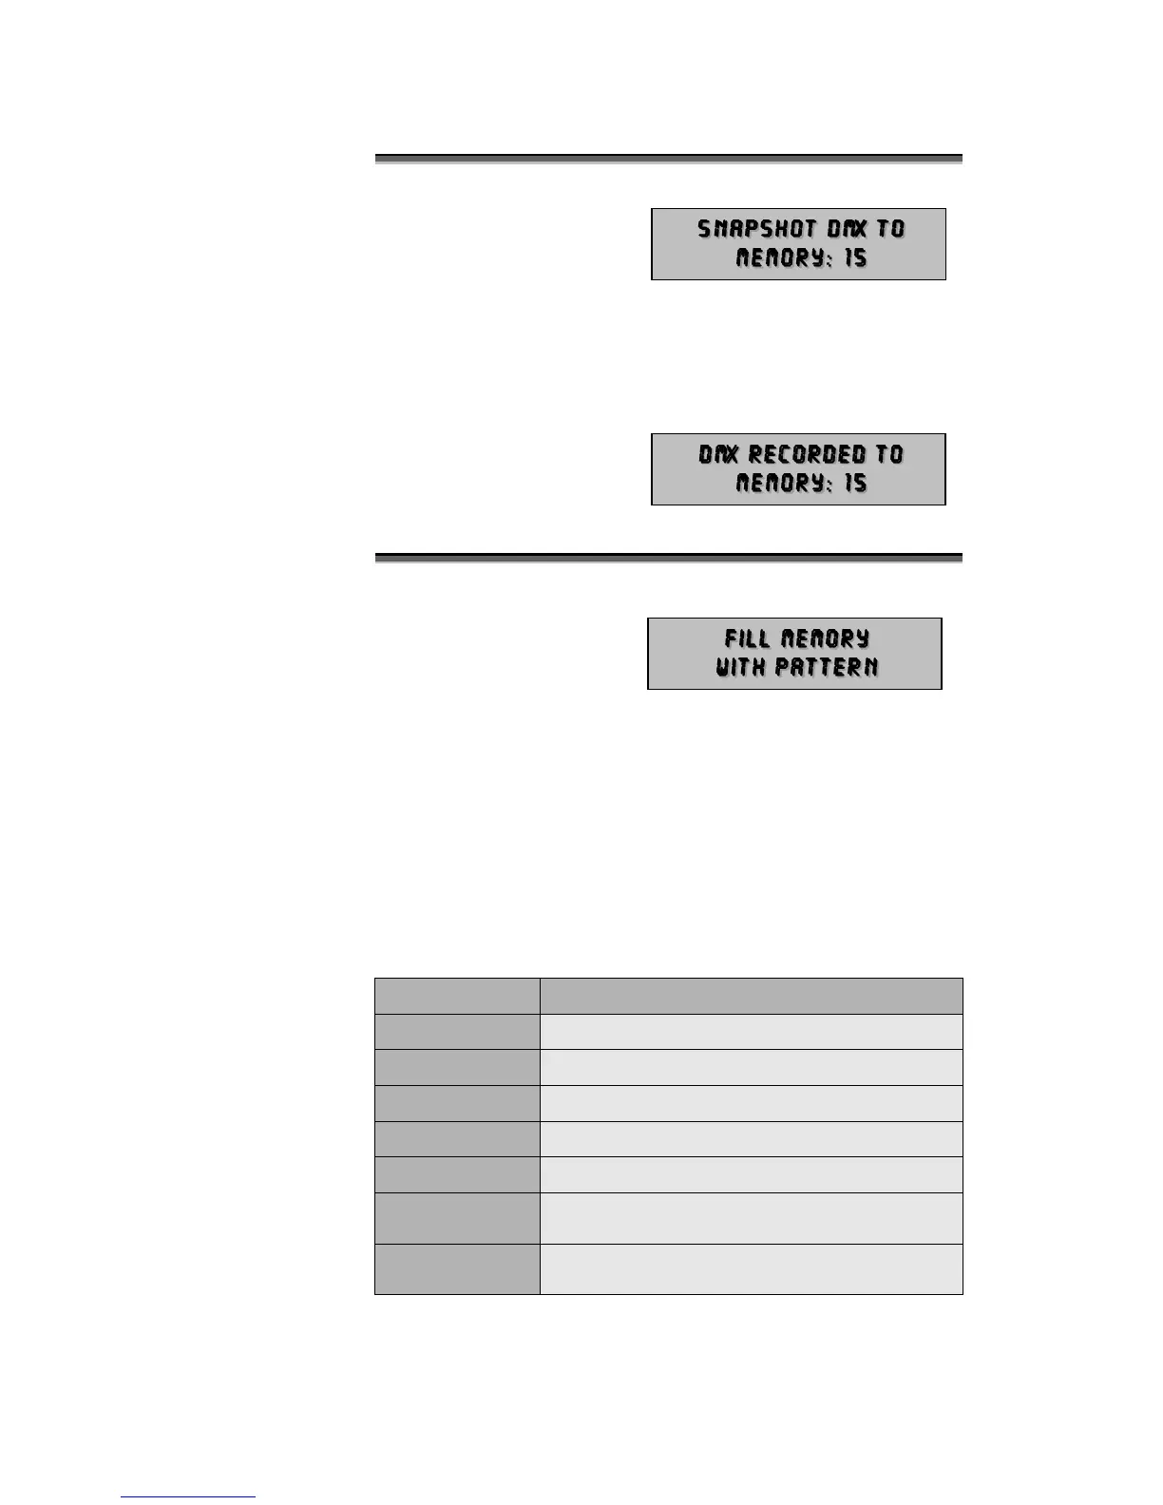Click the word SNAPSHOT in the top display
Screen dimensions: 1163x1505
click(x=756, y=229)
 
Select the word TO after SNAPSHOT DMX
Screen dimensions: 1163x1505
click(x=890, y=229)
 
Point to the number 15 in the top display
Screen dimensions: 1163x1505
click(x=855, y=258)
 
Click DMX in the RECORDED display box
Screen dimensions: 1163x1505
click(x=718, y=454)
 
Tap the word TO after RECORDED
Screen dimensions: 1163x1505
click(x=889, y=454)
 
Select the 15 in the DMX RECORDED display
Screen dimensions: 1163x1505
click(x=855, y=484)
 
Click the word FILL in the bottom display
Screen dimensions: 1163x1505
click(x=747, y=638)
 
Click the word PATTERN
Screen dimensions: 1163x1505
click(x=826, y=667)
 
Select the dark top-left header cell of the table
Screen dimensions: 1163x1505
click(x=457, y=996)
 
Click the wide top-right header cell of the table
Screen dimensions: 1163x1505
click(x=751, y=996)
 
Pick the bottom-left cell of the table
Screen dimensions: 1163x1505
click(x=457, y=1269)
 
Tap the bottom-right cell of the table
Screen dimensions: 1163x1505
click(x=751, y=1269)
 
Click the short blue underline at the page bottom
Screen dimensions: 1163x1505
click(x=188, y=1496)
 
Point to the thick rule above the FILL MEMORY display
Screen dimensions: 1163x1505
click(x=668, y=557)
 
